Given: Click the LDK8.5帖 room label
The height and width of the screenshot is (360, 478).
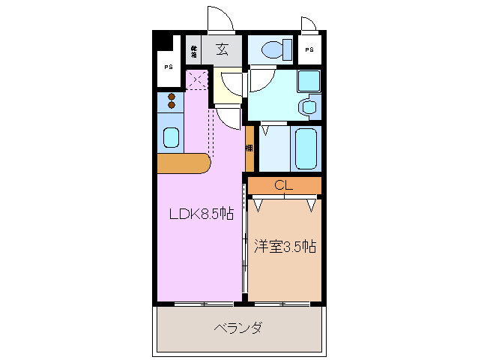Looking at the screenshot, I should tap(201, 214).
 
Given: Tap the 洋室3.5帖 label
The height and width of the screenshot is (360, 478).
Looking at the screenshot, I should tap(284, 246).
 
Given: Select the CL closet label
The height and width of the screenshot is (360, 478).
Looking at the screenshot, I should tap(283, 185).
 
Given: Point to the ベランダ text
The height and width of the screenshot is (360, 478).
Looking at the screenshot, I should tap(238, 328).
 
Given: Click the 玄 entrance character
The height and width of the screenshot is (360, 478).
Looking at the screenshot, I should tap(223, 50).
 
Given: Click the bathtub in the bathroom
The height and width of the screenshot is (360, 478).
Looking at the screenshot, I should tap(306, 148).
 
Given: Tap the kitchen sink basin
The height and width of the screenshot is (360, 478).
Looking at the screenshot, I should tap(172, 138).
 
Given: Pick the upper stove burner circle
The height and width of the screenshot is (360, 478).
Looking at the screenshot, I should tap(172, 96).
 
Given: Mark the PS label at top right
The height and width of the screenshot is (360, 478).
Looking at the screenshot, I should tap(309, 50).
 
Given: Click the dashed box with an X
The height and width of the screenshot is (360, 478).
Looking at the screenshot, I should tap(196, 79).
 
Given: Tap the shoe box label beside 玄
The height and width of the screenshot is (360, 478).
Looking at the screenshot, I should tap(194, 51).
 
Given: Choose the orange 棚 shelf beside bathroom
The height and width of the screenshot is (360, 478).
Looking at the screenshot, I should tap(249, 148).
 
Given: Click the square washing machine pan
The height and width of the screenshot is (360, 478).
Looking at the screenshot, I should tap(308, 81).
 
